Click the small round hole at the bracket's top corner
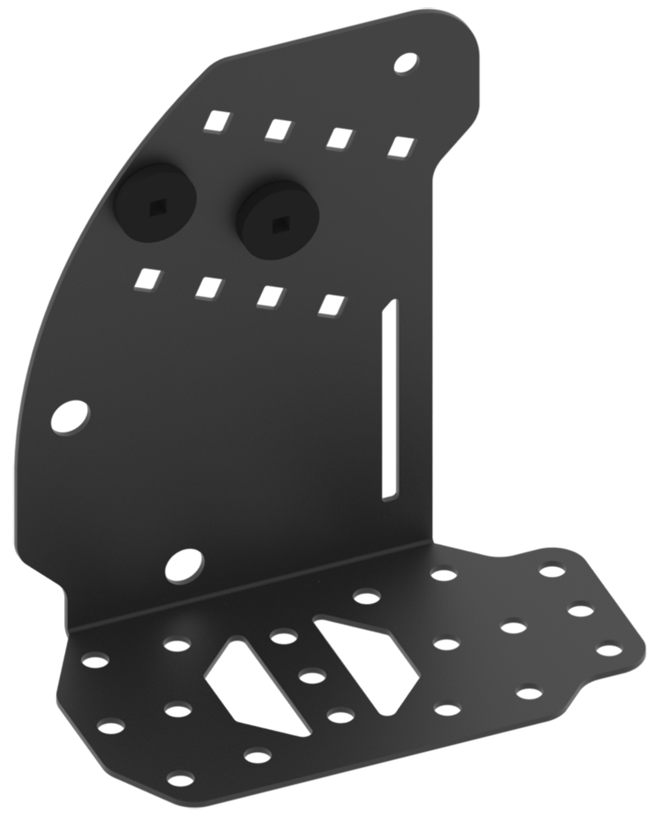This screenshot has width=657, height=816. click(405, 62)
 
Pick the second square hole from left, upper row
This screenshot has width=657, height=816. click(279, 129)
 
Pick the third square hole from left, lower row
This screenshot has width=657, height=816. click(269, 296)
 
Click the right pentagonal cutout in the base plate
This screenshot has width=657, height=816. click(368, 662)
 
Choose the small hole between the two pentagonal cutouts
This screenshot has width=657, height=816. click(312, 677)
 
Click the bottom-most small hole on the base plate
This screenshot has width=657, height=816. click(180, 778)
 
